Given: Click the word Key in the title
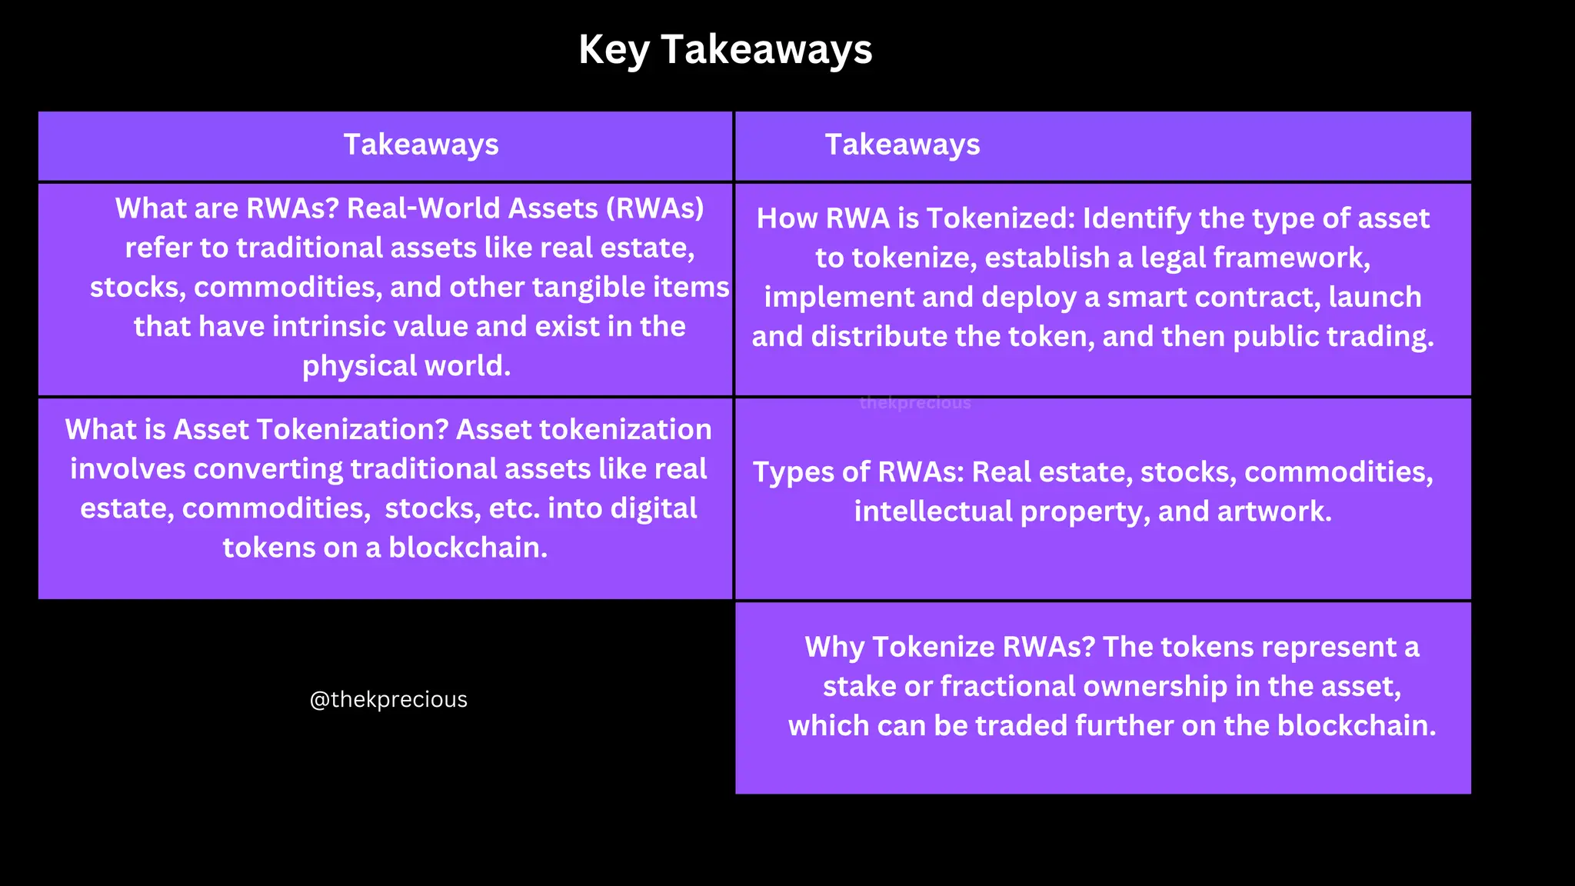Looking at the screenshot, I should pyautogui.click(x=613, y=50).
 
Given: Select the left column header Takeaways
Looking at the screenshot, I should pyautogui.click(x=421, y=145).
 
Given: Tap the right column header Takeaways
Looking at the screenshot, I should pyautogui.click(x=902, y=145).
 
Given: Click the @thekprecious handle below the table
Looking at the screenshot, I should pyautogui.click(x=388, y=699).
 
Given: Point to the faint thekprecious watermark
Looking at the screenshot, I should pyautogui.click(x=915, y=403).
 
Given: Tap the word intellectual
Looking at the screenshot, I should pyautogui.click(x=933, y=511).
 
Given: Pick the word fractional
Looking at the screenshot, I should pyautogui.click(x=1007, y=686).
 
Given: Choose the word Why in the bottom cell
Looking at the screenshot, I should pyautogui.click(x=834, y=647).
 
